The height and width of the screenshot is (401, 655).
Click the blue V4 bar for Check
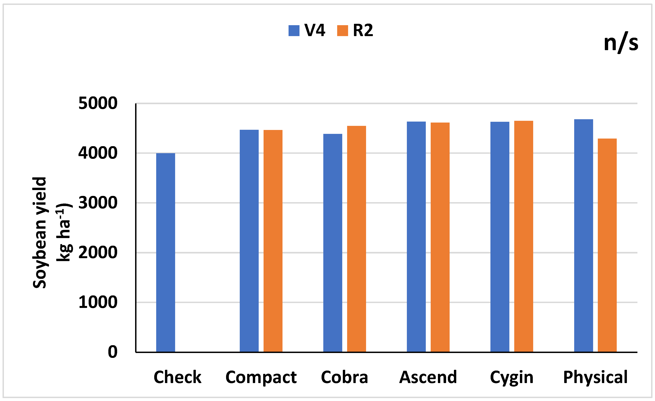[x=165, y=253]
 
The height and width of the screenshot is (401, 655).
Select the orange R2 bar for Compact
[x=273, y=241]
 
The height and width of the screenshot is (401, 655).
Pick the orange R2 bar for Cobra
[x=356, y=239]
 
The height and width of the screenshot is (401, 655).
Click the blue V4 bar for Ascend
[x=416, y=237]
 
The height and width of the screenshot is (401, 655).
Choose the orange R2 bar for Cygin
[x=523, y=236]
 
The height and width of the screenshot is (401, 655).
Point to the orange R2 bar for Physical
[x=607, y=245]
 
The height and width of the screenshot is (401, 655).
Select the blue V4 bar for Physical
[x=584, y=236]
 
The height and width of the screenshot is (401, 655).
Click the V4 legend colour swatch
[x=294, y=31]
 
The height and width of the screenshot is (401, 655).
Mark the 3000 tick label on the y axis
[x=98, y=203]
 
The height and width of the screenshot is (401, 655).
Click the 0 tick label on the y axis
[x=112, y=352]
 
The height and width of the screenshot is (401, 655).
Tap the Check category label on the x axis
[x=177, y=377]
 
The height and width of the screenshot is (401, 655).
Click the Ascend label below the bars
[x=428, y=377]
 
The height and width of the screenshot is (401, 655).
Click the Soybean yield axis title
[x=40, y=233]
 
